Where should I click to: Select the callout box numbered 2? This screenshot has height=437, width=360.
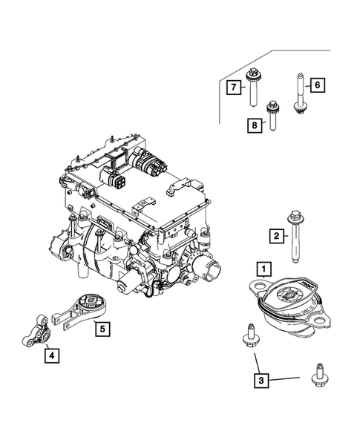276,236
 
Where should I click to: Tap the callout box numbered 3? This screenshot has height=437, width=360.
261,381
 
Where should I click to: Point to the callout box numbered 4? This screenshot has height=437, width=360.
51,356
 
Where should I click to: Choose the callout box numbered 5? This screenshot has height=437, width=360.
102,327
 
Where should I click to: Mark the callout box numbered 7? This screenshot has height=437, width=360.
233,88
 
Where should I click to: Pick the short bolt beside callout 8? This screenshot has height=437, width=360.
272,114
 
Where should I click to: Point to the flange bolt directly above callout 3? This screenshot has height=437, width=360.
248,336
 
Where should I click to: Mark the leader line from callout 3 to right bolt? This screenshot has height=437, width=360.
285,379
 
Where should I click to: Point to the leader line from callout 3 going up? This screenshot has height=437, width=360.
256,364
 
